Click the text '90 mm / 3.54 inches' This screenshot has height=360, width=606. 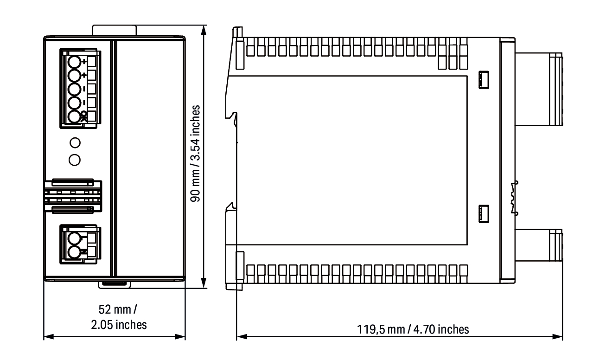click(x=195, y=154)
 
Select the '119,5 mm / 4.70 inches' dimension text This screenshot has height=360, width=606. click(x=413, y=329)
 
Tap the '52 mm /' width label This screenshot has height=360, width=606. click(x=118, y=309)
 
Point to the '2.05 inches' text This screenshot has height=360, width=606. click(x=119, y=325)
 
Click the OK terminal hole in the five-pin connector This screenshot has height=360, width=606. click(x=74, y=116)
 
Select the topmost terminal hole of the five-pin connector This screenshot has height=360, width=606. click(x=74, y=62)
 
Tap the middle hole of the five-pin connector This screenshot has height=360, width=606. click(x=74, y=90)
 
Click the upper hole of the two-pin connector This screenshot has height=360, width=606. click(x=74, y=239)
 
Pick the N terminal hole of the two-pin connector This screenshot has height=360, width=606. click(x=74, y=252)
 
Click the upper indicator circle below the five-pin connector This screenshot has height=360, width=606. click(x=75, y=142)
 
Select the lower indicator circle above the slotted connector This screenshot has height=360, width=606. click(x=75, y=160)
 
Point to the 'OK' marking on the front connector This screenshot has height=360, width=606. click(x=84, y=116)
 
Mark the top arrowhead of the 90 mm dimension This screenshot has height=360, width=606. click(x=204, y=30)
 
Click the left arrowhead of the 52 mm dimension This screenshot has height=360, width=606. click(x=49, y=337)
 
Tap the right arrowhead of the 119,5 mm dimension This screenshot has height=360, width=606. click(x=557, y=337)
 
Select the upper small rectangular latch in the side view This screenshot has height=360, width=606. click(x=484, y=80)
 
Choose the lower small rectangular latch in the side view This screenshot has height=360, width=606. click(x=484, y=214)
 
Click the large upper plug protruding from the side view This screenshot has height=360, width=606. click(x=539, y=90)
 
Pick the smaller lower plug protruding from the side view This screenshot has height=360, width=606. click(x=539, y=245)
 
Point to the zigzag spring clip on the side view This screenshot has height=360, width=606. click(x=514, y=198)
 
